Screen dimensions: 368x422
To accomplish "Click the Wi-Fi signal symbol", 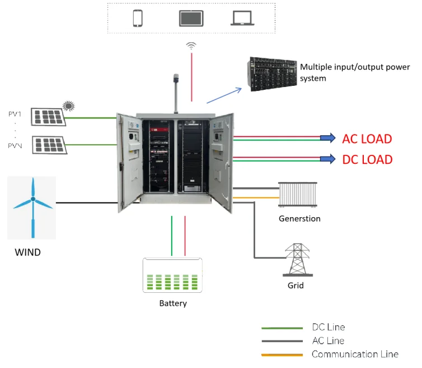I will point(191,45).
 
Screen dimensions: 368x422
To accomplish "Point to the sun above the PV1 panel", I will point(68,105).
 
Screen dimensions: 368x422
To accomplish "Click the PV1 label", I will point(15,114).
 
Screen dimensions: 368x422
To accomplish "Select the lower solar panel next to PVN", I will point(48,145).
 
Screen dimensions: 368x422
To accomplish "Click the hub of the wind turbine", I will point(33,199).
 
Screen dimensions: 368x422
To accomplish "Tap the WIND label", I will point(27,252).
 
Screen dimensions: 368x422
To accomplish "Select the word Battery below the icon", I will point(173,303).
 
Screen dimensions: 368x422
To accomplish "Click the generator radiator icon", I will point(298,195).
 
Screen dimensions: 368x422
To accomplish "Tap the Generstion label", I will point(299,219).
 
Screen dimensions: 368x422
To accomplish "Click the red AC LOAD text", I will point(367,139).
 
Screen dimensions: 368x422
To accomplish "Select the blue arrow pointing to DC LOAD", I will point(326,159).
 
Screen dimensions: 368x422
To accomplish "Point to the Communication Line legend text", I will point(355,354).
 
